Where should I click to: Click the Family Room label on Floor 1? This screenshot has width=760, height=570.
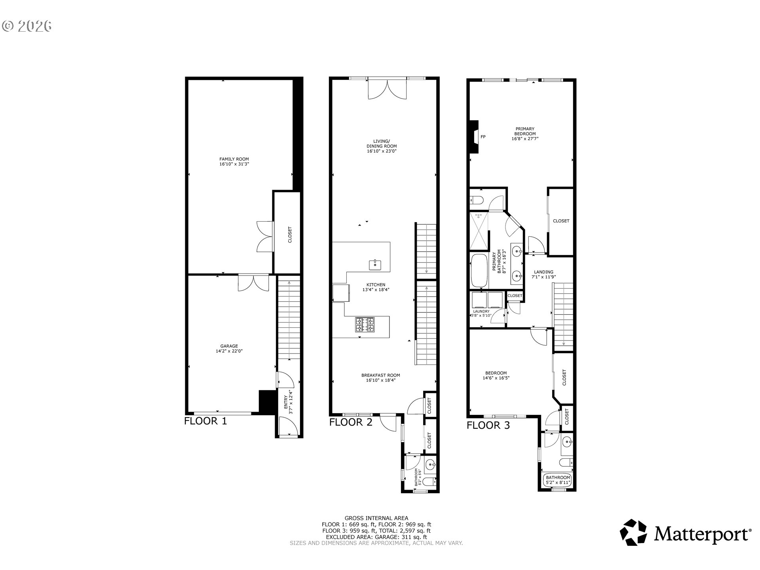coord(234,159)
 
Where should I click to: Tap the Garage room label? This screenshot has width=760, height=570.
coord(229,346)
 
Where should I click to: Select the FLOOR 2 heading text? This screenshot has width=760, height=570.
coord(351,422)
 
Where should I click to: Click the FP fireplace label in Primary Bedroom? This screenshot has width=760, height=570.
coord(483,137)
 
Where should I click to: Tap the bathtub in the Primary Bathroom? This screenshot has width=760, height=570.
coord(479,271)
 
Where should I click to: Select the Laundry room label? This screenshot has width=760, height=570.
coord(481,312)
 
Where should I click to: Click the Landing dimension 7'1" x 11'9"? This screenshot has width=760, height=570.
coord(543,277)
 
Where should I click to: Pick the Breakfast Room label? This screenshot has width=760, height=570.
coord(380,375)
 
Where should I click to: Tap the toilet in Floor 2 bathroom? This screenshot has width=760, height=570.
coord(429,481)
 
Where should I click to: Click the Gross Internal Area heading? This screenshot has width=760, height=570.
coord(376,518)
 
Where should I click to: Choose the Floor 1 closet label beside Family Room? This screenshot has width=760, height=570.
coord(290,234)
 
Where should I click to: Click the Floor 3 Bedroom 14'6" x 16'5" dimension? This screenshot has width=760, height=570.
coord(496,378)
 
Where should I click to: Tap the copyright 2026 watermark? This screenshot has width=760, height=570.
coord(27,26)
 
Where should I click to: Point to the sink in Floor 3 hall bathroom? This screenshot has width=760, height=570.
coord(567,441)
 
